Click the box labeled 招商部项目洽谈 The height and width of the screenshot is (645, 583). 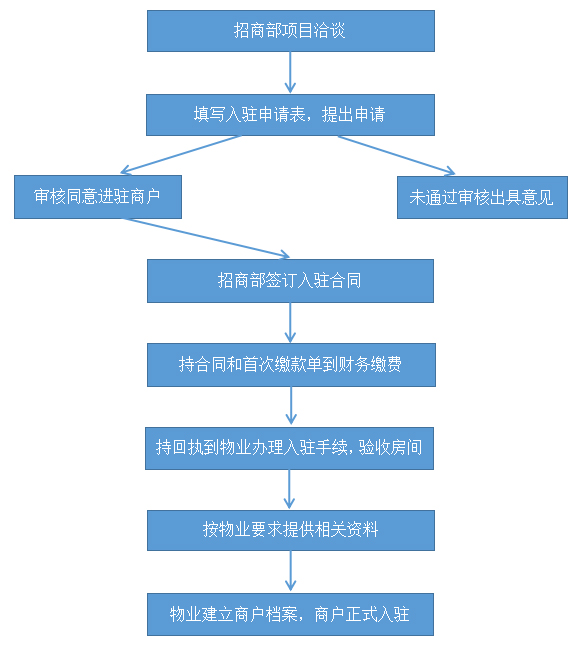tap(291, 31)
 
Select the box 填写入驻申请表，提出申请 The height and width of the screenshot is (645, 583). tap(290, 115)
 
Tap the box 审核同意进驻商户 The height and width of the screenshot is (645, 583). tap(98, 197)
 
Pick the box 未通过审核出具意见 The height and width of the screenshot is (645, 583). tap(482, 197)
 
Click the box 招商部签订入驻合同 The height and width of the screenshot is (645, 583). tap(290, 281)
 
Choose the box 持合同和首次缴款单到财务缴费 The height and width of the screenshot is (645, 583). tap(291, 365)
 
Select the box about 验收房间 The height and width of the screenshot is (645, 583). tap(289, 448)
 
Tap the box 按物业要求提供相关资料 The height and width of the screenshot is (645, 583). tap(291, 530)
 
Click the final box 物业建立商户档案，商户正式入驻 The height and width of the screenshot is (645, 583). tap(290, 615)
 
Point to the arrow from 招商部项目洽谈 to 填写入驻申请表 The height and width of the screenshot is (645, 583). tap(290, 72)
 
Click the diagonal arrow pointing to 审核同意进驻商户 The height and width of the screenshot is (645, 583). tap(180, 155)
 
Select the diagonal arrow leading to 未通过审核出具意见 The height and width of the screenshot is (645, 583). tap(397, 155)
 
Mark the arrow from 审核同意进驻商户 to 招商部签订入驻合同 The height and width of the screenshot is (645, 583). tap(207, 239)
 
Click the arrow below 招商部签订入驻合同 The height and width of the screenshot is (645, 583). tap(290, 323)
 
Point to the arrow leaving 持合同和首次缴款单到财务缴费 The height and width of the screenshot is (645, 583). tap(291, 406)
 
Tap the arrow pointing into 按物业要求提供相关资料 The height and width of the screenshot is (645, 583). tap(289, 490)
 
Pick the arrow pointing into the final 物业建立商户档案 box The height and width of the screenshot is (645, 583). tap(290, 571)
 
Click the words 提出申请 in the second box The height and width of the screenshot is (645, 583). tap(354, 114)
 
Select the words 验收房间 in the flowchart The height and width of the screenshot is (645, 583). tap(390, 448)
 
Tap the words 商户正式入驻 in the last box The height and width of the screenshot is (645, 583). tap(362, 615)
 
